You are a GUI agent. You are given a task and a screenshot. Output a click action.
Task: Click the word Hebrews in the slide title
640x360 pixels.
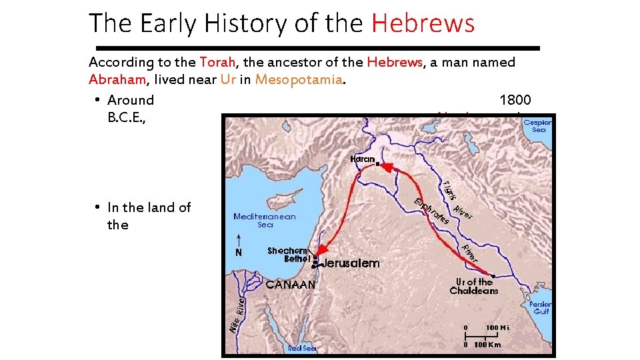(x=423, y=23)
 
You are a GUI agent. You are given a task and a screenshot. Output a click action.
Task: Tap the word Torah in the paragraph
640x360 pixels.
(x=217, y=63)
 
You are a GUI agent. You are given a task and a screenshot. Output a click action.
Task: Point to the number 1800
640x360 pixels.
(x=515, y=100)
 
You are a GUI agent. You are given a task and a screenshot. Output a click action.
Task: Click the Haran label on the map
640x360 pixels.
(x=362, y=159)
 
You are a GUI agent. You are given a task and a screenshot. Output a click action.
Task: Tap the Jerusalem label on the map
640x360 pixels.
(x=351, y=263)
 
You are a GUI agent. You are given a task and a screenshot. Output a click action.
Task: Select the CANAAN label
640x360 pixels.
(x=291, y=285)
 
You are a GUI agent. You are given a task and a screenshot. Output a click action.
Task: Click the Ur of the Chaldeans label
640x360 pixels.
(x=474, y=286)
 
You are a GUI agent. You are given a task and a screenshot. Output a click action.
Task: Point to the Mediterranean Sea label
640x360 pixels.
(x=265, y=221)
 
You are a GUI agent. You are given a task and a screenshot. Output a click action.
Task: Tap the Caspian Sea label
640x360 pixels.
(x=537, y=126)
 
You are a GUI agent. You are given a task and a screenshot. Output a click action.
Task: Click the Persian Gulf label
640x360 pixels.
(x=540, y=307)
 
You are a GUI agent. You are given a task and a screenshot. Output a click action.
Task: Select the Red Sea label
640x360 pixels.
(x=302, y=348)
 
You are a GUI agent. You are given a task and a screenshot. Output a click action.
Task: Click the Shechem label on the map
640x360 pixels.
(x=287, y=251)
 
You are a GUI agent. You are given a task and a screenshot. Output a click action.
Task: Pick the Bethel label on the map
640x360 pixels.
(x=297, y=259)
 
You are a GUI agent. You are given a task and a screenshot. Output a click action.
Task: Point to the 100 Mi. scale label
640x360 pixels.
(x=497, y=328)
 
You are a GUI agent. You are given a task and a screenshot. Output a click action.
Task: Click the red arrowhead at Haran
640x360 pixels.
(x=385, y=168)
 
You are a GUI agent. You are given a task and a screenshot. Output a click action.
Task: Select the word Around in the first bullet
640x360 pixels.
(x=131, y=100)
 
